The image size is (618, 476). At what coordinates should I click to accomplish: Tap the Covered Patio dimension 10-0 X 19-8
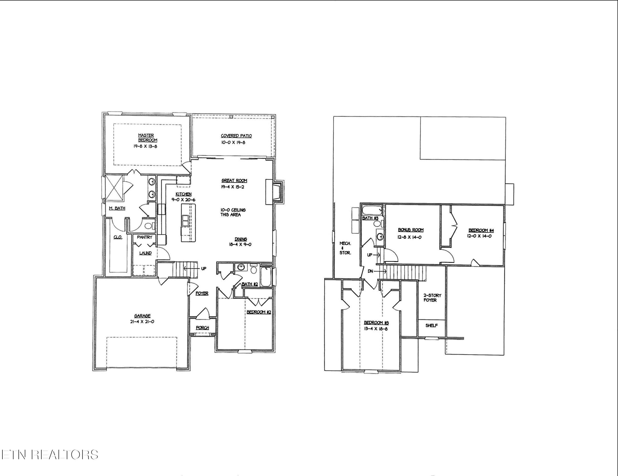tap(233, 143)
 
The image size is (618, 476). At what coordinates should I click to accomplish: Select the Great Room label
tap(234, 181)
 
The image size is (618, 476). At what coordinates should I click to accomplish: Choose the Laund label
tap(145, 253)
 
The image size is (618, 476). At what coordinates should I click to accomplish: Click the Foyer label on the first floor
tap(202, 293)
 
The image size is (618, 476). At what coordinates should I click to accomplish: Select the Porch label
tap(202, 328)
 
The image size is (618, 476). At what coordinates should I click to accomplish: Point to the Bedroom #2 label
tap(259, 312)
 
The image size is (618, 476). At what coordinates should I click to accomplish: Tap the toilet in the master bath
tap(148, 226)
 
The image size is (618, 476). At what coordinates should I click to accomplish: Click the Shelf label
tap(431, 326)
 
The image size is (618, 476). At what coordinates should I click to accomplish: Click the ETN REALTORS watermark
tap(50, 455)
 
